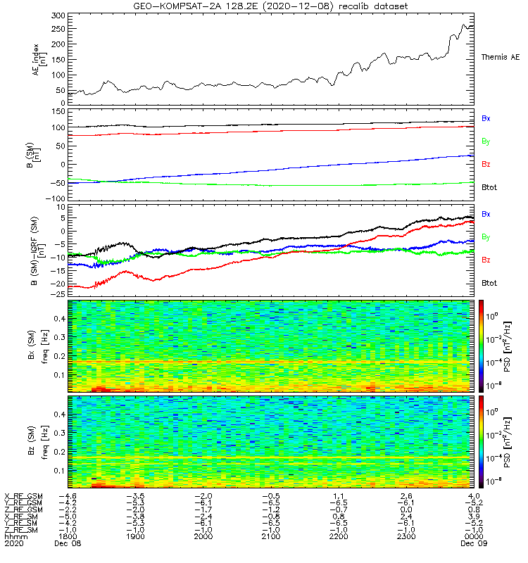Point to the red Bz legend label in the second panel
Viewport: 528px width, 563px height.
[x=486, y=165]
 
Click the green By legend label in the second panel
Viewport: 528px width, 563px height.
[x=486, y=141]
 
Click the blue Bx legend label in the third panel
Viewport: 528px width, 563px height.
[x=486, y=213]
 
